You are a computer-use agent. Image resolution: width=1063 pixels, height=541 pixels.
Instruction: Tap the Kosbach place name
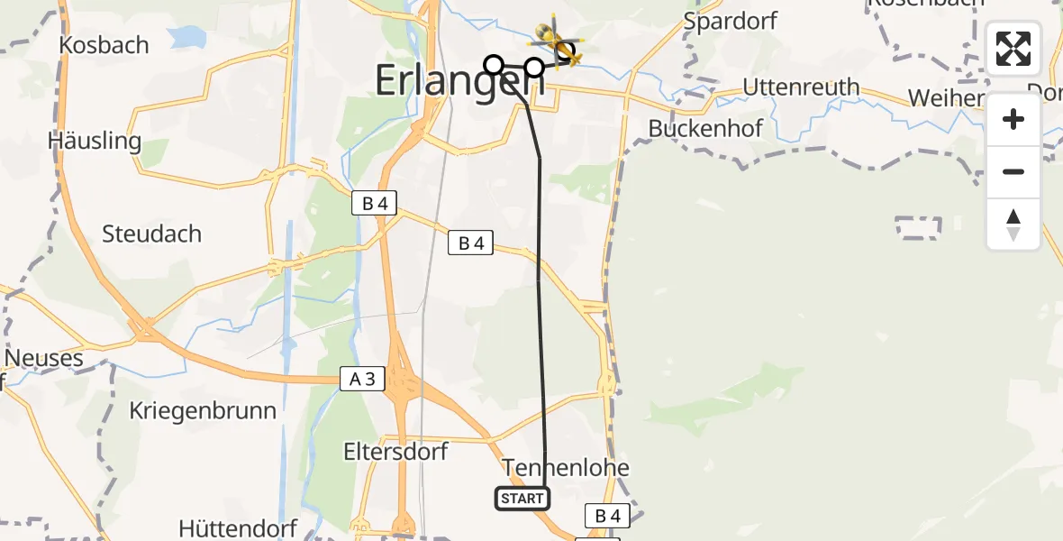pos(104,45)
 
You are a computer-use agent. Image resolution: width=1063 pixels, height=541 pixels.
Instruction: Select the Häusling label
pos(95,142)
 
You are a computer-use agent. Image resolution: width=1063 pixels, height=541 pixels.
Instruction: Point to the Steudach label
pos(151,234)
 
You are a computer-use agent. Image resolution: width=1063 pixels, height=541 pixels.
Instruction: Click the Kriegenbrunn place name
pos(202,410)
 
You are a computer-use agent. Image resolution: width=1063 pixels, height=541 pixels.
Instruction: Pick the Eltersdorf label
pos(395,451)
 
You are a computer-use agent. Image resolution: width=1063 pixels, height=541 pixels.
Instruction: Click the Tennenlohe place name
pos(566,468)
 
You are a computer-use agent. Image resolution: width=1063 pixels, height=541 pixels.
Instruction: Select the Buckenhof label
pos(705,129)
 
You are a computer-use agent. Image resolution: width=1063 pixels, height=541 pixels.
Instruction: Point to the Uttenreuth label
pos(801,88)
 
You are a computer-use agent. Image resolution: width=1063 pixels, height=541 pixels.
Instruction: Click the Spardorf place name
pos(731,22)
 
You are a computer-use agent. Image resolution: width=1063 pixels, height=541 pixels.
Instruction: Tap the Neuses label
pos(43,359)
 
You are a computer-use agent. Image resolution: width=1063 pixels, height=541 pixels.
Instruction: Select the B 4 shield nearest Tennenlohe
pos(607,516)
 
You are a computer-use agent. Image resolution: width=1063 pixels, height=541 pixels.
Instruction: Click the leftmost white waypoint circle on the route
pos(494,65)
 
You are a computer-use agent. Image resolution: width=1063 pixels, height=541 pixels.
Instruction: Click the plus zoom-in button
pos(1013,120)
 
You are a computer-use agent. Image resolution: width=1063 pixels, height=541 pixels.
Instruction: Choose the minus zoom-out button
pos(1013,171)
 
